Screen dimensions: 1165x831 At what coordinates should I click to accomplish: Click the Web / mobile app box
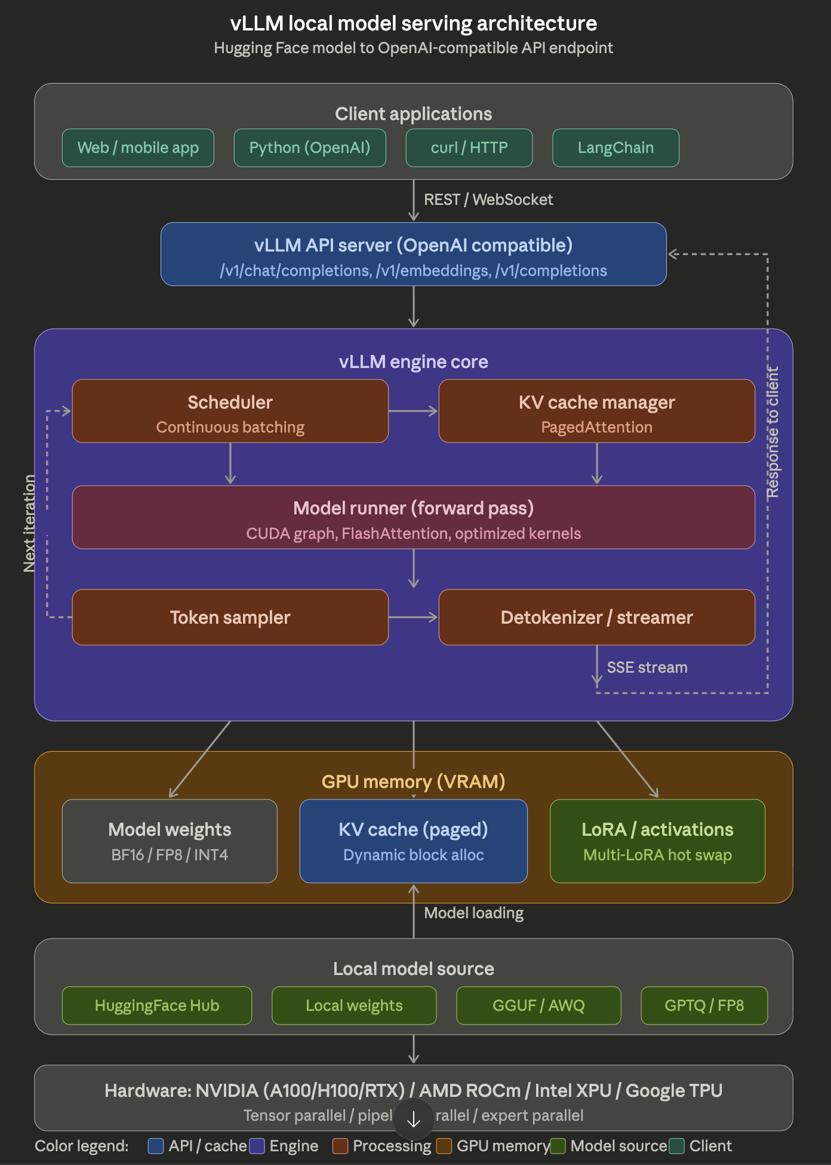click(138, 148)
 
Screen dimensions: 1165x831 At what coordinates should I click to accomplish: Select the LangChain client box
click(615, 148)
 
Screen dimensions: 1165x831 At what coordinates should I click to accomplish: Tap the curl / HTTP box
click(469, 148)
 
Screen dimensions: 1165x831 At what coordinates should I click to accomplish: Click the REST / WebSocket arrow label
click(488, 200)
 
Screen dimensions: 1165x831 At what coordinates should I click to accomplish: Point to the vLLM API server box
click(413, 255)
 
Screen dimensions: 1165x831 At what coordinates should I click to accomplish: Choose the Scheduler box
click(230, 411)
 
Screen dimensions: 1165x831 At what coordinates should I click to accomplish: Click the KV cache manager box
click(596, 411)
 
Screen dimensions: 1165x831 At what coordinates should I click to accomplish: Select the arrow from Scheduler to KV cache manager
click(413, 411)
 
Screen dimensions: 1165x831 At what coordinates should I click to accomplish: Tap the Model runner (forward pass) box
click(413, 517)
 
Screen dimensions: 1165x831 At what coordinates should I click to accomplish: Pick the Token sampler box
click(230, 617)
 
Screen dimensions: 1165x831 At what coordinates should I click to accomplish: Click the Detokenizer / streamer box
click(596, 617)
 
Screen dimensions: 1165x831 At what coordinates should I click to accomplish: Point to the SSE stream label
click(647, 667)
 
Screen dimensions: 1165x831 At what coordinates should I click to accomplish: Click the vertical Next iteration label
click(29, 523)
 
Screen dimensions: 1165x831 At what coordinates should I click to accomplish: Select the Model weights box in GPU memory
click(170, 841)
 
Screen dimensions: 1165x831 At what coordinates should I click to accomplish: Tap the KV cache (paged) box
click(413, 841)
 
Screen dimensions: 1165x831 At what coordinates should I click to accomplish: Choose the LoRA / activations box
click(657, 841)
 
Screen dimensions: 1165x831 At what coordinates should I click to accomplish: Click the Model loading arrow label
click(473, 913)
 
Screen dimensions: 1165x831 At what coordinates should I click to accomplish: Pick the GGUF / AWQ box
click(538, 1005)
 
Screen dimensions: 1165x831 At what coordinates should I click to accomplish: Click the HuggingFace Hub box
click(157, 1005)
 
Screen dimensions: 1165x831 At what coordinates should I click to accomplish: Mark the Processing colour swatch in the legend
click(340, 1146)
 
